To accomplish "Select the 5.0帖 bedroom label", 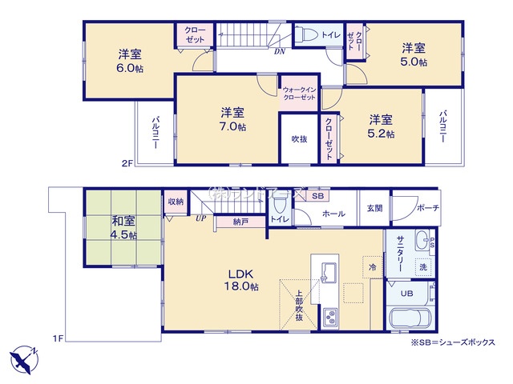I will point(414,61).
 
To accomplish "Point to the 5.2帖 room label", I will point(381,134).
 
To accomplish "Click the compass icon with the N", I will point(24,354).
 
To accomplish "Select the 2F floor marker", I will point(127,163).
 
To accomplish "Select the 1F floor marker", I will point(59,338).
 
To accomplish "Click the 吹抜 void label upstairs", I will point(299,138).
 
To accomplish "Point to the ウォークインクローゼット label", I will point(299,93).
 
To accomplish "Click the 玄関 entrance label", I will point(374,208).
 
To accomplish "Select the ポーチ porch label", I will point(426,208).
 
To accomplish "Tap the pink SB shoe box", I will point(316,196).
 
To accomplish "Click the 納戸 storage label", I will point(240,220).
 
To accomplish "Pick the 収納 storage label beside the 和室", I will point(176,202).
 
